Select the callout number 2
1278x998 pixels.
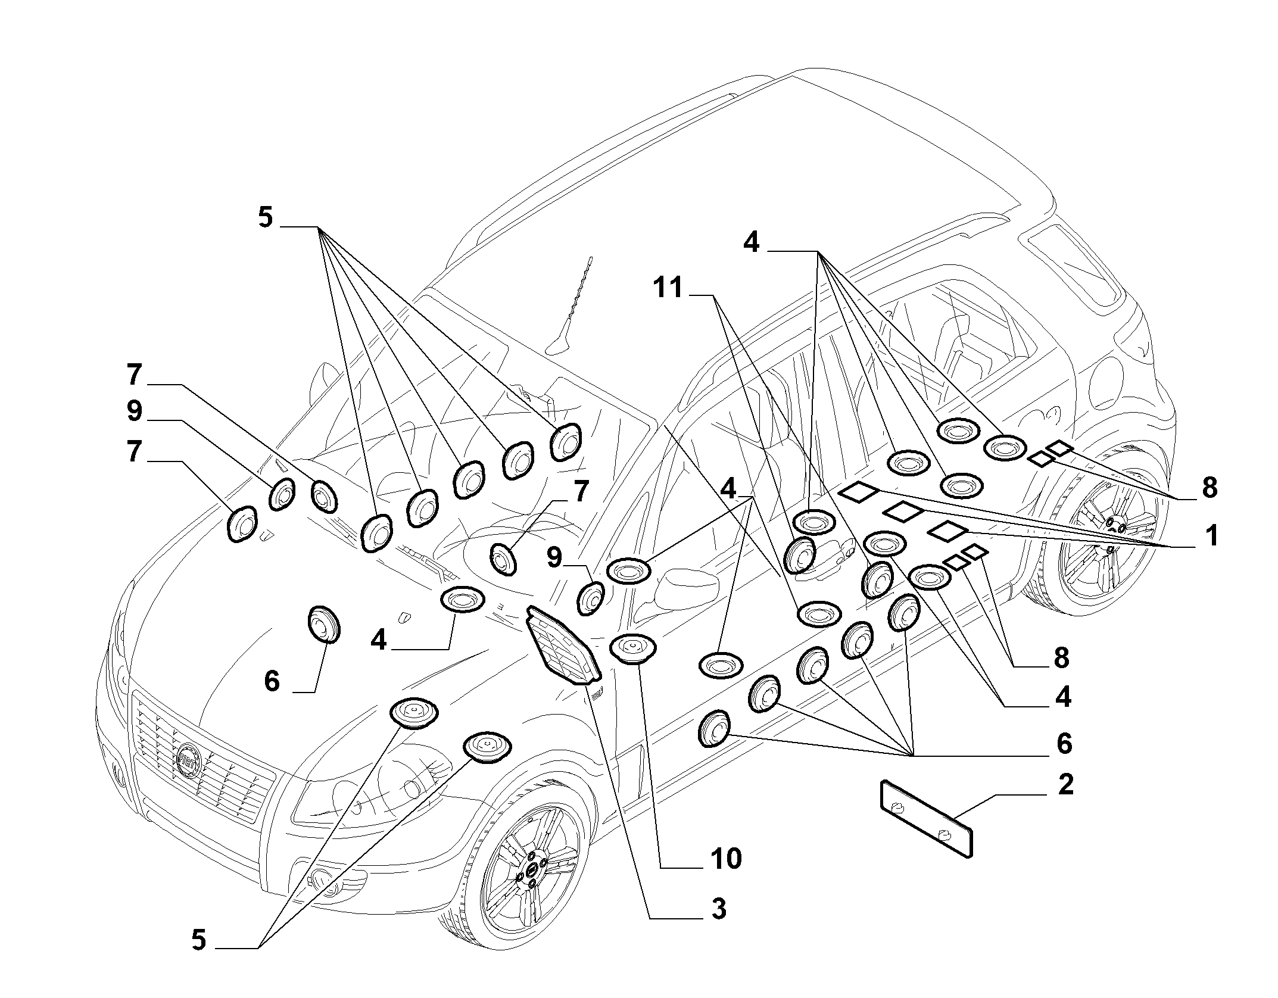[x=1065, y=784]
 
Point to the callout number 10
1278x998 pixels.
[x=725, y=859]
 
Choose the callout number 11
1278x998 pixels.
[x=668, y=288]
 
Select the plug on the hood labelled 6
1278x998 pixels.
[x=323, y=624]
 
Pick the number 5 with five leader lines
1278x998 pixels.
[x=265, y=218]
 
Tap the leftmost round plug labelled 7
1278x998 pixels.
[x=242, y=524]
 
